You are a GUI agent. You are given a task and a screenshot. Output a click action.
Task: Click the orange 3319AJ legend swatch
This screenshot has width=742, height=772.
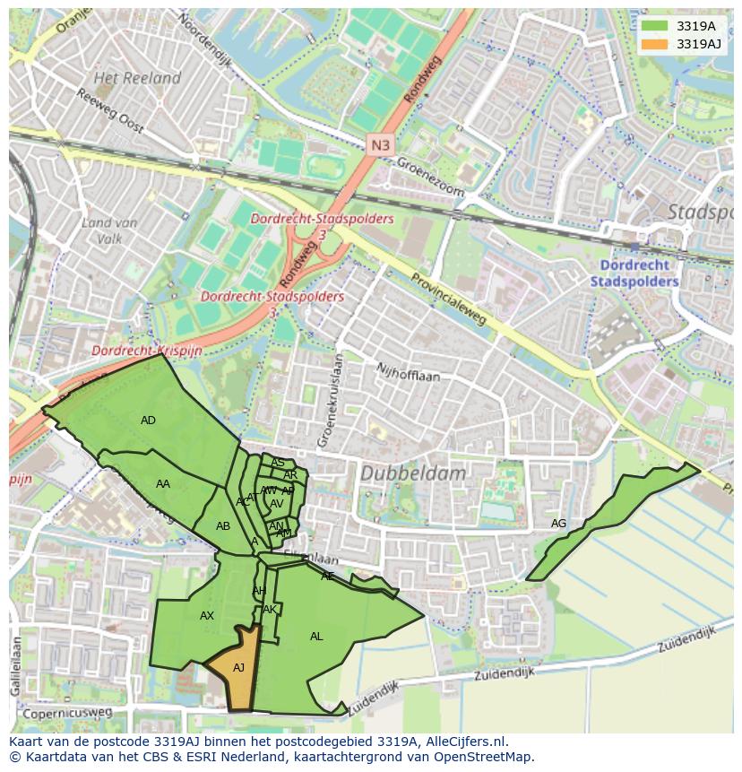[x=655, y=44]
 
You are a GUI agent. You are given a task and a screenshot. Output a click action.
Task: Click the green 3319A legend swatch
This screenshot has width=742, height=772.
[x=655, y=26]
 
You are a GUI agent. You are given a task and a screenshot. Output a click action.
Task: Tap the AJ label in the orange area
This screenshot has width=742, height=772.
[x=238, y=667]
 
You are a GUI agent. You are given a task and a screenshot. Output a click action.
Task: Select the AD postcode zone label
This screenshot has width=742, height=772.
[x=148, y=420]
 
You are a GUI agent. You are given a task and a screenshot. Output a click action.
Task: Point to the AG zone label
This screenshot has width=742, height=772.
[x=558, y=524]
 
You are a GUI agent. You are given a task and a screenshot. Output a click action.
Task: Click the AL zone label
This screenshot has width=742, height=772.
[x=316, y=636]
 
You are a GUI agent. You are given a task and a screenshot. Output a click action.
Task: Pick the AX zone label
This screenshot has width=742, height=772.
[x=207, y=615]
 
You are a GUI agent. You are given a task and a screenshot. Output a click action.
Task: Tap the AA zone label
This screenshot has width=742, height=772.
[x=162, y=483]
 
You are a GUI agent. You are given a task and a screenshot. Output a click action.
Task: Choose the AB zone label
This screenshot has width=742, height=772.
[x=223, y=525]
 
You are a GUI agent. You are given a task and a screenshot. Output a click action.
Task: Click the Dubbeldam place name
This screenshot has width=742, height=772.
[x=413, y=473]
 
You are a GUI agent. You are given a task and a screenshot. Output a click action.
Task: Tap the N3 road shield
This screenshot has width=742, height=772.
[x=380, y=143]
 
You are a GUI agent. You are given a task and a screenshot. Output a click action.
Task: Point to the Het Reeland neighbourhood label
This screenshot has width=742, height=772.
[x=137, y=78]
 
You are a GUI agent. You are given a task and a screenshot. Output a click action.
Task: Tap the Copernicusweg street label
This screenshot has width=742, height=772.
[x=68, y=713]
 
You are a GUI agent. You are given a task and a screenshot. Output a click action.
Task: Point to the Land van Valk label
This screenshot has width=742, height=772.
[x=108, y=230]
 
